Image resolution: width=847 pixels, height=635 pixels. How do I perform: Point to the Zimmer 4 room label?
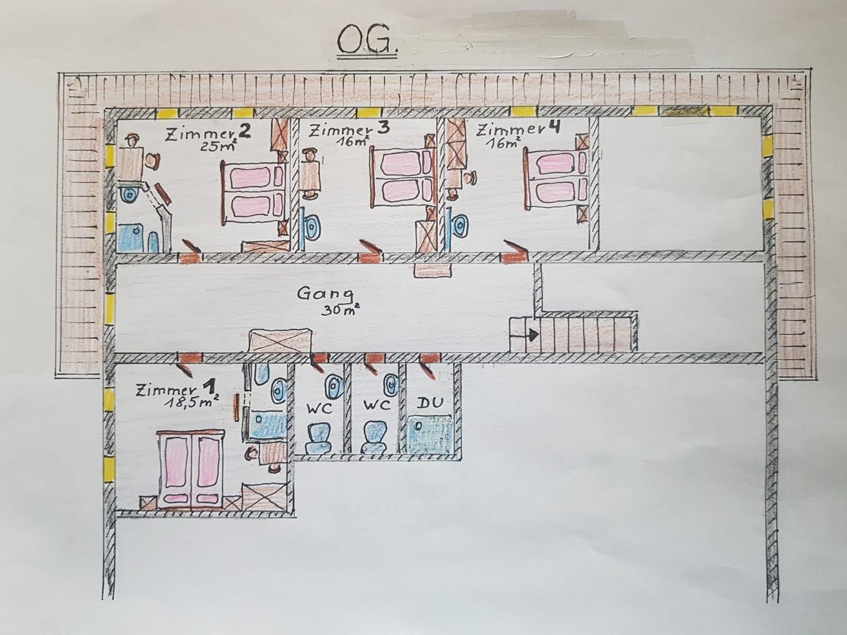tap(517, 130)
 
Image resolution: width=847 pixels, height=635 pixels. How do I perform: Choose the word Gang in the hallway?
tap(325, 294)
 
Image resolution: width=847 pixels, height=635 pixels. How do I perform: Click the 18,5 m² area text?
tap(192, 403)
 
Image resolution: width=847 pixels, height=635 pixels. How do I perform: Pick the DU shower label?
tap(429, 403)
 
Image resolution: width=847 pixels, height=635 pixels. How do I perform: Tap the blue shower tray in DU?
tap(430, 434)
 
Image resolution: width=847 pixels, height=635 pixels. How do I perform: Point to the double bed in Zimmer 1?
tap(190, 469)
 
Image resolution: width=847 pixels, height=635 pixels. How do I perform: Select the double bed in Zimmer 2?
tap(253, 193)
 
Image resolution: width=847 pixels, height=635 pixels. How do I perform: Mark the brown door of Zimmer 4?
tap(515, 252)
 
